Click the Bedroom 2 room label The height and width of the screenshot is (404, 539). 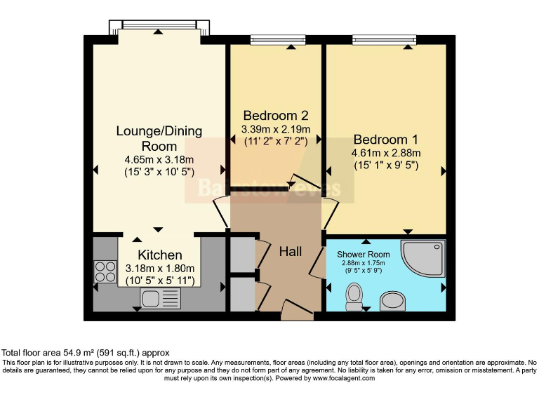[x=275, y=116]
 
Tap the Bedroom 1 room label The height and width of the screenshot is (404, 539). [x=385, y=140]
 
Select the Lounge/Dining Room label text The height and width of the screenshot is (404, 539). [x=159, y=138]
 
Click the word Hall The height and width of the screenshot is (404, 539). [x=291, y=251]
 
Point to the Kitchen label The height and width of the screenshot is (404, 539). [x=160, y=255]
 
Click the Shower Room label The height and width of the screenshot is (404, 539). [x=363, y=254]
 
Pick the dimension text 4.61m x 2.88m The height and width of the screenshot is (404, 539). [x=385, y=154]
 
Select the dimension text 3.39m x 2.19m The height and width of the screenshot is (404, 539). [x=275, y=130]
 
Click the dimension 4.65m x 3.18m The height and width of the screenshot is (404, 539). [x=159, y=159]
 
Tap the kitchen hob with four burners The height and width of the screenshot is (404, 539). [x=105, y=271]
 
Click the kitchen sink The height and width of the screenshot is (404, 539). [x=151, y=299]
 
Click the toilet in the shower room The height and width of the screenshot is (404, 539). [x=354, y=295]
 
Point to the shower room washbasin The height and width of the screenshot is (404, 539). [x=393, y=301]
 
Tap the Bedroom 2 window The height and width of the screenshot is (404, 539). [x=277, y=40]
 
